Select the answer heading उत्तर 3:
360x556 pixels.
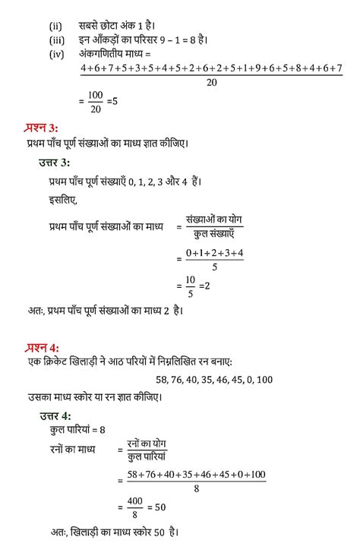[x=55, y=163]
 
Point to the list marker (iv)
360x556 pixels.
[x=56, y=55]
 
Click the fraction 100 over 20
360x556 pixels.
[x=94, y=99]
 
